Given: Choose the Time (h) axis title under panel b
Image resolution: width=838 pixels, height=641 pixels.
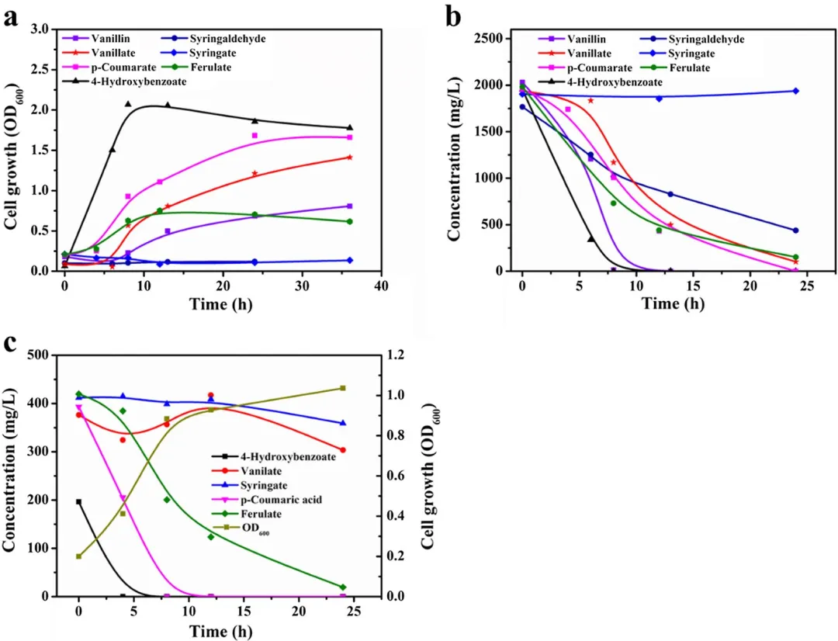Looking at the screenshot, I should pyautogui.click(x=673, y=303).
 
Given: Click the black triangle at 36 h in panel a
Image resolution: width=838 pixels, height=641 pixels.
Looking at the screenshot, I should pyautogui.click(x=349, y=127).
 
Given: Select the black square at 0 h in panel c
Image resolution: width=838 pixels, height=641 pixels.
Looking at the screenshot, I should pyautogui.click(x=78, y=501).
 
